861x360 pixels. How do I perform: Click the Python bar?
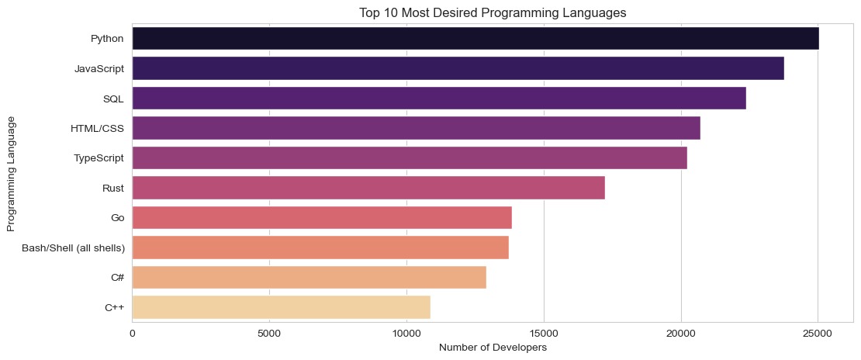(x=475, y=38)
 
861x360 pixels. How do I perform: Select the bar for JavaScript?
(x=458, y=68)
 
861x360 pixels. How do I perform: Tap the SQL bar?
(x=439, y=98)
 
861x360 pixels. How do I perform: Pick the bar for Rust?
(x=368, y=188)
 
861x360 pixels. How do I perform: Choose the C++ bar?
(x=281, y=307)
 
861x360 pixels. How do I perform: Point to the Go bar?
(x=322, y=218)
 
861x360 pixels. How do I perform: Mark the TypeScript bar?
(x=410, y=157)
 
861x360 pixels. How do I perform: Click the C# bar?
(x=309, y=278)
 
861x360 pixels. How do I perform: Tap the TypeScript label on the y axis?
(x=99, y=157)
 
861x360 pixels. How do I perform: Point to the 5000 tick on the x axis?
(x=269, y=332)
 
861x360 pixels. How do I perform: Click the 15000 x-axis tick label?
(x=544, y=332)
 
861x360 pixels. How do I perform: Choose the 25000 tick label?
(x=818, y=332)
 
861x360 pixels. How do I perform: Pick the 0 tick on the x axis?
(x=133, y=332)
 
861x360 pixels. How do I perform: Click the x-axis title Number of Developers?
(x=493, y=348)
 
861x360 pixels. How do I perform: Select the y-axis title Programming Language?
(x=11, y=173)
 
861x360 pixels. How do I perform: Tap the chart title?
(x=493, y=12)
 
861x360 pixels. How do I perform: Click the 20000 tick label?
(x=680, y=332)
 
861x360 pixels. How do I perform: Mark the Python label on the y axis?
(x=107, y=38)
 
